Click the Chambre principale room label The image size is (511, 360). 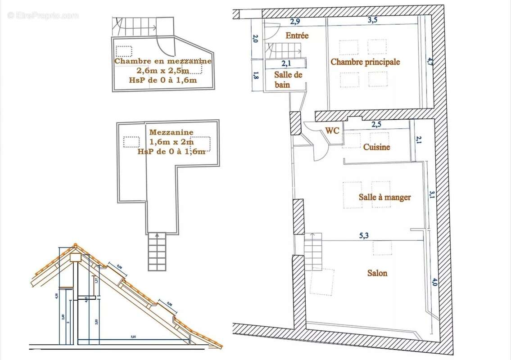pos(365,62)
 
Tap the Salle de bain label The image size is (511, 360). pos(288,80)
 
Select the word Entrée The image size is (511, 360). pos(297,35)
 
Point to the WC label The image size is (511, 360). pos(332,130)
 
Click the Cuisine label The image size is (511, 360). pos(376,147)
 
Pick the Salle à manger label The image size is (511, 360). pos(384,197)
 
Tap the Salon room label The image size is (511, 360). pos(377,273)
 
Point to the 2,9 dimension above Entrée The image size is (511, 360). pos(295,21)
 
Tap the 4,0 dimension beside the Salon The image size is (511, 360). pos(434,282)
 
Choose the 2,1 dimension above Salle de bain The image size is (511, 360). pos(287,64)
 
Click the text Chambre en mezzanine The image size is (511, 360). pos(163,61)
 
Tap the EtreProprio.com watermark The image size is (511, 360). pos(43,15)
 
